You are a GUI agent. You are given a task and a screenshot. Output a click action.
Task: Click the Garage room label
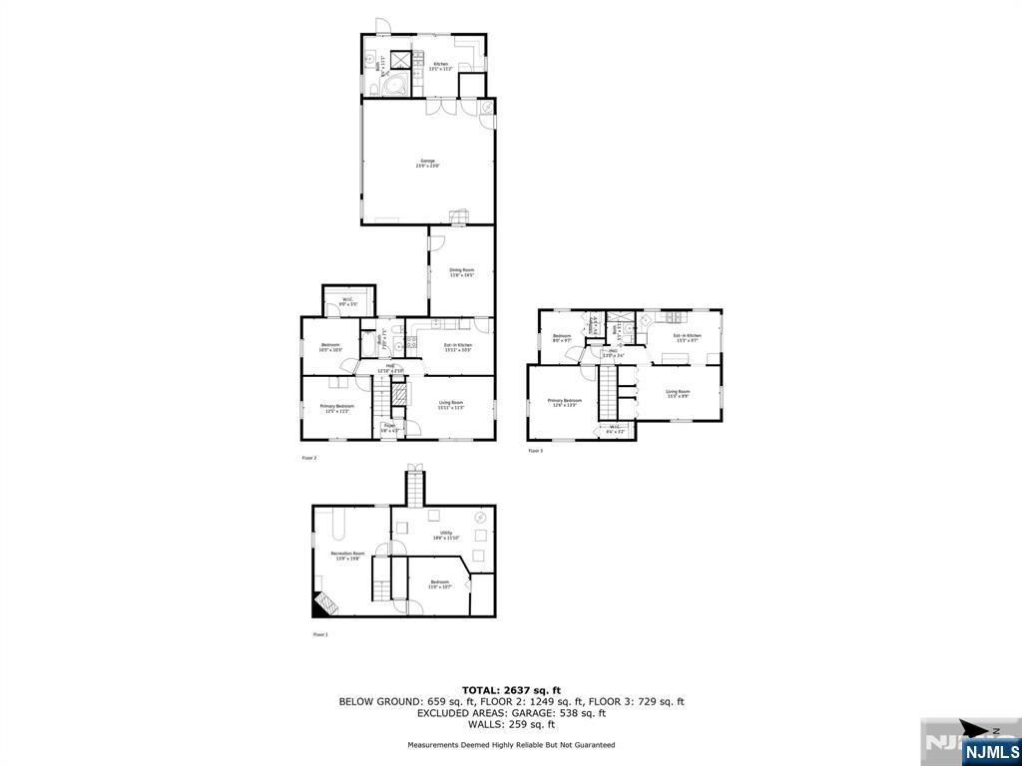pos(428,164)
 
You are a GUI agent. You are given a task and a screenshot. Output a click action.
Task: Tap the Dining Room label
pos(461,271)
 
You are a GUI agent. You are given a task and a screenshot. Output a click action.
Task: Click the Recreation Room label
pos(348,555)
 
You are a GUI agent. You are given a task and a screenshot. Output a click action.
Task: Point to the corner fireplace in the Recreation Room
pos(324,603)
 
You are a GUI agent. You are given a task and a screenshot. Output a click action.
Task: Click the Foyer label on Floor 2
pos(388,428)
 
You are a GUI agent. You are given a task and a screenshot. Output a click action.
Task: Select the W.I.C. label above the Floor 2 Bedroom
pos(348,301)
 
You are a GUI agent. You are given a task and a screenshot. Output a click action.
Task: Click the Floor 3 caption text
pos(536,451)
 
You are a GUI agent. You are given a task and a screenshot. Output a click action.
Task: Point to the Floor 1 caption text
pos(320,634)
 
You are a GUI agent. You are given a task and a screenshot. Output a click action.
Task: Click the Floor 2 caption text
pos(309,458)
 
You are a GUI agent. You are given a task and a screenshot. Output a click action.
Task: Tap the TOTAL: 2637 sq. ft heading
pos(511,689)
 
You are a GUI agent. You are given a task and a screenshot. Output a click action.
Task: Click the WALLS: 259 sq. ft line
pos(511,724)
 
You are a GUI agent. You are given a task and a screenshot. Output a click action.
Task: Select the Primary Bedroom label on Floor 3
pos(564,402)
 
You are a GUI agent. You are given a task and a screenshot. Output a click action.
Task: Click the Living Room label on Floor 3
pos(678,393)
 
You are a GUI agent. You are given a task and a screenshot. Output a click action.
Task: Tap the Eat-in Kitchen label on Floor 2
pos(457,347)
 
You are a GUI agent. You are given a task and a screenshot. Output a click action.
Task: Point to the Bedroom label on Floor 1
pos(439,583)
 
